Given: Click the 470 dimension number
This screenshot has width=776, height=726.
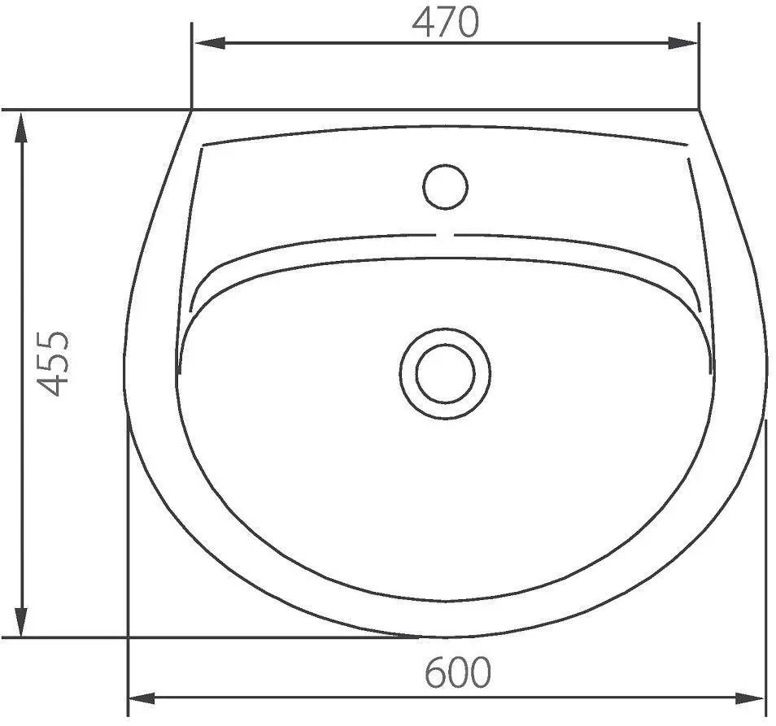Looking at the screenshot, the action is [x=446, y=23].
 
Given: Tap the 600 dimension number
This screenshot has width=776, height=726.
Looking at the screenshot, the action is [x=458, y=672].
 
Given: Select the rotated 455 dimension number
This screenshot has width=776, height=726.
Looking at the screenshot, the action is [x=54, y=363].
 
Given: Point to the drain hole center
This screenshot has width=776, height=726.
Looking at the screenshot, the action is [x=446, y=374].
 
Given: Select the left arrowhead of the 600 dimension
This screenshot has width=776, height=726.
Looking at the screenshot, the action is [x=143, y=699].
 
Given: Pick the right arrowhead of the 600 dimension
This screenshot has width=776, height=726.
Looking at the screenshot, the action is [x=749, y=699].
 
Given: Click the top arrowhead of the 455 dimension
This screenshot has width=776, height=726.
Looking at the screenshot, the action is [x=21, y=128].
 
